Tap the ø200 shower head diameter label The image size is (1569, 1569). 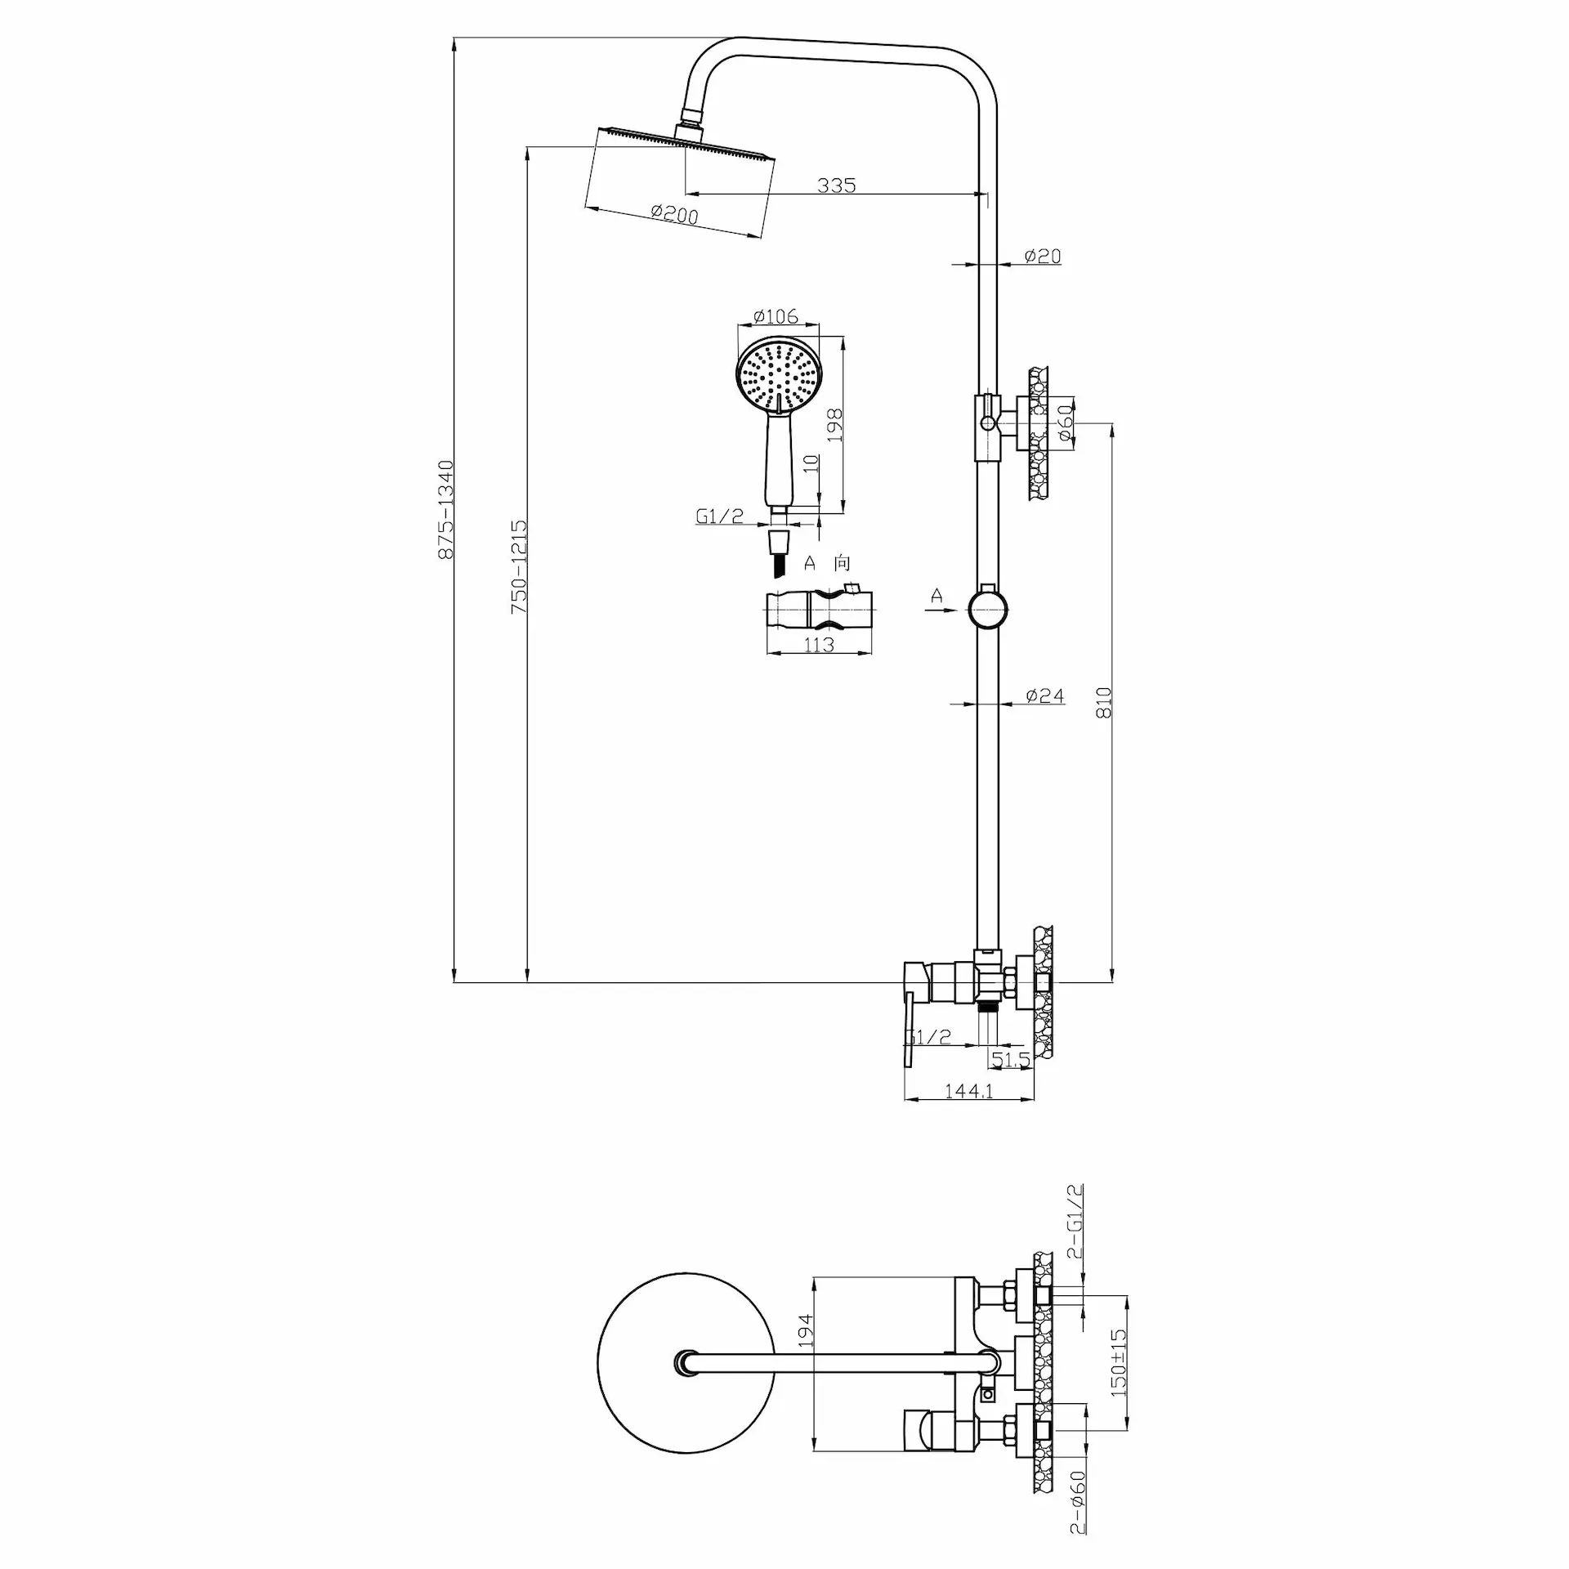[674, 213]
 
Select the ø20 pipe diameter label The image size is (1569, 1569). [1043, 256]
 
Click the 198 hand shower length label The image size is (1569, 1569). [834, 426]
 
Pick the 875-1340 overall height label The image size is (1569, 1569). [445, 509]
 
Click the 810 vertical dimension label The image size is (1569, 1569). [1104, 702]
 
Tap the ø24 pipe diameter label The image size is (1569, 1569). [1045, 695]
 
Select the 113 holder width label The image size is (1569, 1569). [818, 645]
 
